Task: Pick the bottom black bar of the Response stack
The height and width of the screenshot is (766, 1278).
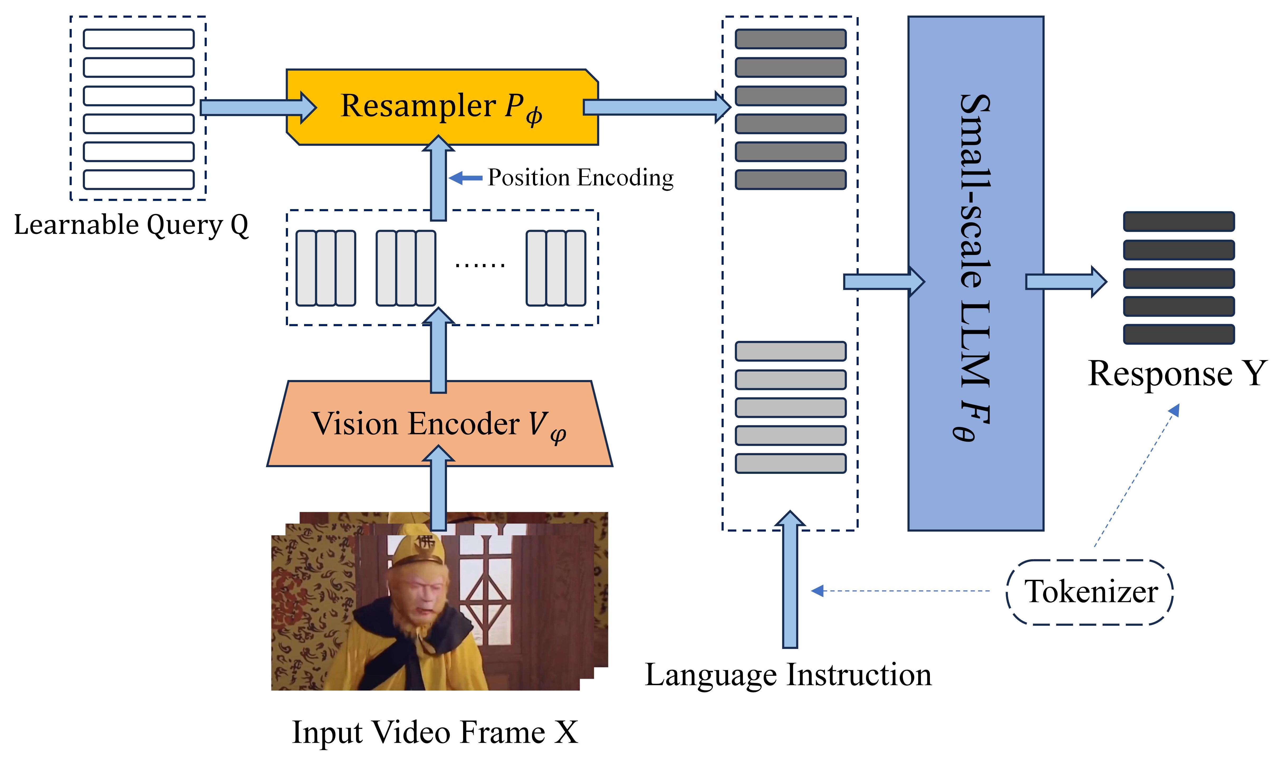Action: point(1179,334)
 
